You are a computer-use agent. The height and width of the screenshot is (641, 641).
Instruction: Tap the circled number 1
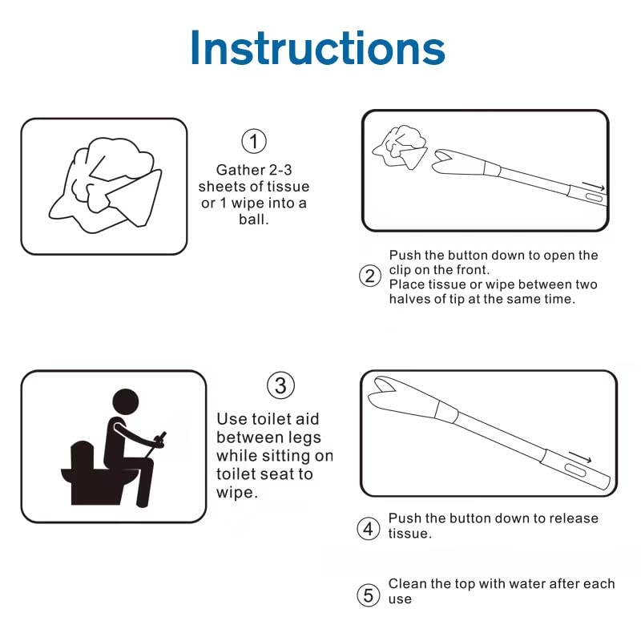point(253,142)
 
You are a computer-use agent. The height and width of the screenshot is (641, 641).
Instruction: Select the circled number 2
point(369,276)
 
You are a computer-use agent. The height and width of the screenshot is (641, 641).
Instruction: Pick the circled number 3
point(280,385)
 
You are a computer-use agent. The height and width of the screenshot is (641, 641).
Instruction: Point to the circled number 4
point(368,529)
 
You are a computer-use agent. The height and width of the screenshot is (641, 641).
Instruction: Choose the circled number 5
point(368,595)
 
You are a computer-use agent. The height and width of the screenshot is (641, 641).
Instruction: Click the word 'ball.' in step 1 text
point(253,219)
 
